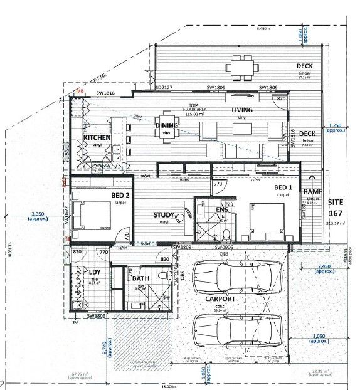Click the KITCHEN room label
[97, 137]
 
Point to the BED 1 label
[284, 187]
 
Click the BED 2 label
[120, 196]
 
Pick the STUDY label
[164, 215]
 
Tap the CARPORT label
[221, 299]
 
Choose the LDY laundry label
[95, 271]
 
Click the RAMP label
[312, 192]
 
